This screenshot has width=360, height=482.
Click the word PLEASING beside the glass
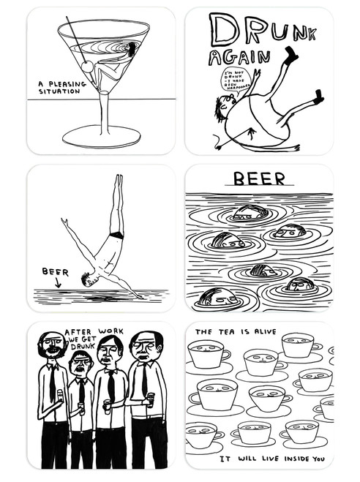(70, 85)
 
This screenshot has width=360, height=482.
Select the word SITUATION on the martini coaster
(61, 92)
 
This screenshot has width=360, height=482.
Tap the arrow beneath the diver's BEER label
(59, 281)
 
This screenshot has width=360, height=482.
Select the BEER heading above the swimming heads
(255, 179)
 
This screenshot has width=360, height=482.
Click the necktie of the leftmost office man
(53, 383)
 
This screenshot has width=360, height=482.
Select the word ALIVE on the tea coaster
(259, 331)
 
